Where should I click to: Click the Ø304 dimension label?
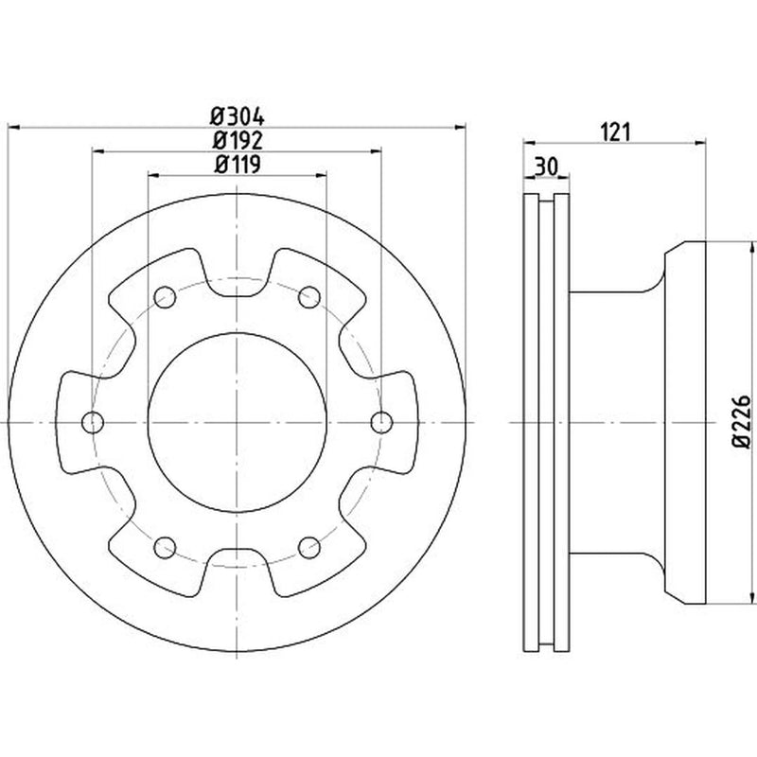[238, 116]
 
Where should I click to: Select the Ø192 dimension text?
[238, 140]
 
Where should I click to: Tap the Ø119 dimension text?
[238, 164]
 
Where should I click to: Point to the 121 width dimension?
[616, 132]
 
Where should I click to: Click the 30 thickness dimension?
[547, 167]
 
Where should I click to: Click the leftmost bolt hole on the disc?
[93, 422]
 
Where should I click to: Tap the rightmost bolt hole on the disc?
[382, 422]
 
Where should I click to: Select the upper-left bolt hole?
[165, 297]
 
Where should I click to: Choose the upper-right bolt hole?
[309, 297]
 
